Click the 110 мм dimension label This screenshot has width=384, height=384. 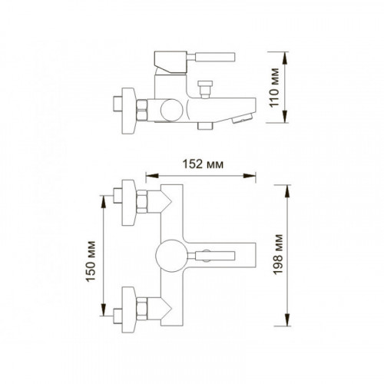pos(274,88)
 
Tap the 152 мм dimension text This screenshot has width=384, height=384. pos(203,164)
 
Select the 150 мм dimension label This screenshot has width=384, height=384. pos(91,261)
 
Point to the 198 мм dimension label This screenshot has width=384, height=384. pos(278,255)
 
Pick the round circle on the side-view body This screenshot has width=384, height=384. pos(172,110)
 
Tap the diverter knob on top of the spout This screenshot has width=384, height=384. pos(205,89)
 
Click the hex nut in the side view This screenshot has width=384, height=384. pos(142,110)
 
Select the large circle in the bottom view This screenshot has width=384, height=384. pos(172,256)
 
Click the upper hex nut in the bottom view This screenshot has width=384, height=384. pos(142,201)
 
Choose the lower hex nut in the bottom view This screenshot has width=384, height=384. pos(142,309)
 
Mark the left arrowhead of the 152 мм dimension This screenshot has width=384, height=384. pos(152,176)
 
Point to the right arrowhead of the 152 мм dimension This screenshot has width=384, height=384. pos(250,176)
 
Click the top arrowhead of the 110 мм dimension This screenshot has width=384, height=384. pos(285,58)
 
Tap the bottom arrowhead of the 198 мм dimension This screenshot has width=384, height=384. pos(288,319)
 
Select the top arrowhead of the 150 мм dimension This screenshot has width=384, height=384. pos(103,202)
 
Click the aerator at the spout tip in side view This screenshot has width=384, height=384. pos(242,119)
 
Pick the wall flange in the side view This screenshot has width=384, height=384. pos(128,111)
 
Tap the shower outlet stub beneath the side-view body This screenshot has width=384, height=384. pos(205,126)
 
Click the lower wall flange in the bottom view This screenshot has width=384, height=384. pos(128,310)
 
